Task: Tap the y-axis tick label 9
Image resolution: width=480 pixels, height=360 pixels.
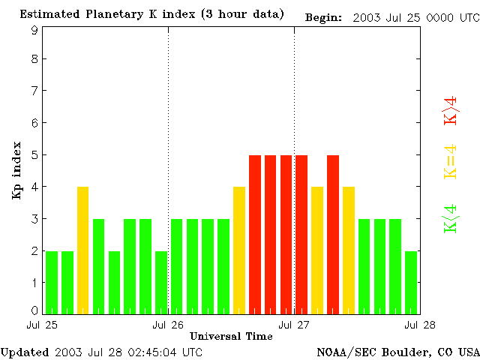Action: tap(34, 31)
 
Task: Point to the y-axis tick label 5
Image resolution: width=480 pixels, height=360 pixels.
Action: tap(34, 155)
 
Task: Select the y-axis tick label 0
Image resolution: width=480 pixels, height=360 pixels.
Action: tap(34, 310)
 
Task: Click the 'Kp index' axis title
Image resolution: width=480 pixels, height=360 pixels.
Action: tap(16, 170)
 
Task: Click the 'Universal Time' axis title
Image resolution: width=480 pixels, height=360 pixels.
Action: tap(231, 336)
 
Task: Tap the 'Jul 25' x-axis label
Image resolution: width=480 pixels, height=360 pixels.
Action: tap(42, 325)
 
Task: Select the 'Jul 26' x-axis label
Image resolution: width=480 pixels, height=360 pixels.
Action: tap(168, 325)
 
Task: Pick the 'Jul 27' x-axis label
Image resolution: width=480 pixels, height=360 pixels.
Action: tap(294, 325)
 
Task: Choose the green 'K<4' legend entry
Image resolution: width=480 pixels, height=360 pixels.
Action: tap(451, 219)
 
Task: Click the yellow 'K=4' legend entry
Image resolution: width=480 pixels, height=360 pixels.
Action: tap(451, 162)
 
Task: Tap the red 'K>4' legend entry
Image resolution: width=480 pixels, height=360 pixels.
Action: tap(451, 110)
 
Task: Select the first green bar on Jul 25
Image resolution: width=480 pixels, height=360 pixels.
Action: tap(52, 282)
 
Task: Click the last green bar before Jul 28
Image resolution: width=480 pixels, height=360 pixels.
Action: tap(411, 282)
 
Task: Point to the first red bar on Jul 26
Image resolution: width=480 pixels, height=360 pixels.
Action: tap(255, 234)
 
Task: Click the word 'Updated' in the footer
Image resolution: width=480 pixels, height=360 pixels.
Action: tap(23, 351)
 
